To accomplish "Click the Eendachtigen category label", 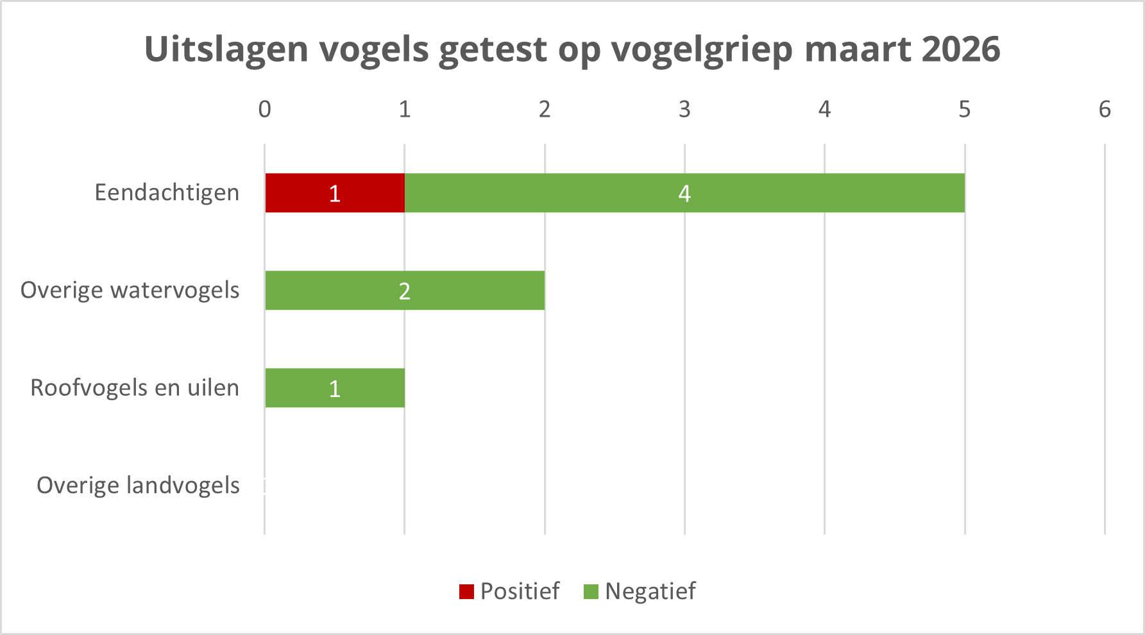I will (167, 193).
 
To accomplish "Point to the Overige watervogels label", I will (130, 291).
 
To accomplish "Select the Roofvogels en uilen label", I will (135, 388).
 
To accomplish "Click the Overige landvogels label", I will (138, 486).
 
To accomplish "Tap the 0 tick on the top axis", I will (264, 110).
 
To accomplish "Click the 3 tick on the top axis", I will (684, 110).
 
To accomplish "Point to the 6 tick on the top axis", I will (1105, 110).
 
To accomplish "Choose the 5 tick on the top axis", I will (964, 110).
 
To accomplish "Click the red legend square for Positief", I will (466, 591).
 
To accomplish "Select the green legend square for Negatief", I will (591, 591).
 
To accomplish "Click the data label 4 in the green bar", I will (684, 194).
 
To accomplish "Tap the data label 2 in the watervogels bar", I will (404, 291).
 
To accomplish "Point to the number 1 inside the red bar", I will (334, 194).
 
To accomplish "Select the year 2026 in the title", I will (961, 49).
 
